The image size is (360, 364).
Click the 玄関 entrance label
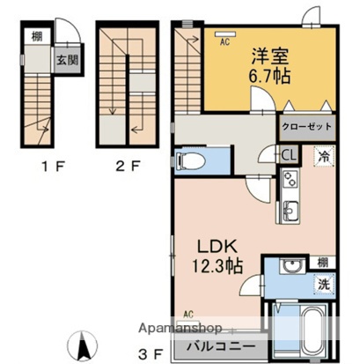pyautogui.click(x=67, y=61)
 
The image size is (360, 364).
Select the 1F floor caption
pyautogui.click(x=43, y=164)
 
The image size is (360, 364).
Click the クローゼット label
pyautogui.click(x=307, y=127)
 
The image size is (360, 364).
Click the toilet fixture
pyautogui.click(x=191, y=160)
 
